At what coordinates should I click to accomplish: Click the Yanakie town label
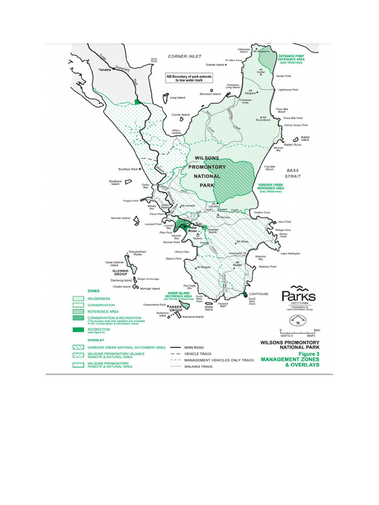pyautogui.click(x=105, y=70)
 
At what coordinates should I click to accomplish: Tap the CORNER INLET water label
pyautogui.click(x=185, y=56)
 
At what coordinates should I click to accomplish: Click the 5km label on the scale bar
pyautogui.click(x=317, y=330)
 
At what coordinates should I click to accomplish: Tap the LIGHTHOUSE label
pyautogui.click(x=259, y=294)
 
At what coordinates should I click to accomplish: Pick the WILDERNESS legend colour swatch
pyautogui.click(x=78, y=299)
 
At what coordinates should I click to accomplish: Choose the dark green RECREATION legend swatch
pyautogui.click(x=78, y=329)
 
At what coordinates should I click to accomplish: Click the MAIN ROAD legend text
pyautogui.click(x=194, y=347)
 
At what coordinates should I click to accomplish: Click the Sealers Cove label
pyautogui.click(x=262, y=212)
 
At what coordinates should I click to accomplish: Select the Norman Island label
pyautogui.click(x=120, y=218)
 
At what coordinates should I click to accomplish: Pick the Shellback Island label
pyautogui.click(x=114, y=183)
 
